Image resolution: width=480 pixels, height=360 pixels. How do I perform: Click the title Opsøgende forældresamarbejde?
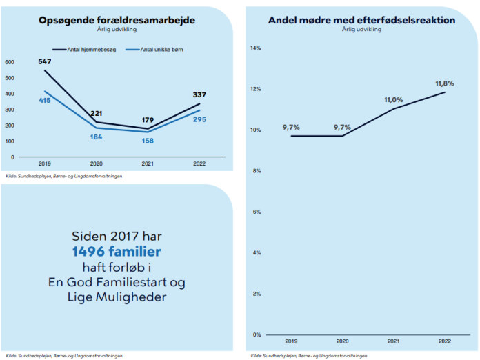click(117, 20)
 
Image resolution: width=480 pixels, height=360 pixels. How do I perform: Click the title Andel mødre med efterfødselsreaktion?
click(361, 20)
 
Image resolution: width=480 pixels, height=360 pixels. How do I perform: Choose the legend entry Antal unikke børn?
click(157, 50)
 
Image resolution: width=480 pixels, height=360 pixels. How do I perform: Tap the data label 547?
click(46, 61)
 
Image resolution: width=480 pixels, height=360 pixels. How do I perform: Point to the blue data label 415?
click(46, 101)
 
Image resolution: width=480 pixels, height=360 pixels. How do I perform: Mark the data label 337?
click(199, 94)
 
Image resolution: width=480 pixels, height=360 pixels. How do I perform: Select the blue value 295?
click(199, 119)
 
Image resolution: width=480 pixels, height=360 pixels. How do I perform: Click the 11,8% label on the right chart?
click(445, 83)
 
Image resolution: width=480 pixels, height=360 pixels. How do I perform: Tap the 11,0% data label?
click(392, 100)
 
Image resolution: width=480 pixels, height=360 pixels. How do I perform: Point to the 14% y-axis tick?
click(255, 48)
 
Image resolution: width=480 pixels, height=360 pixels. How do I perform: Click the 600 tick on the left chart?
click(10, 62)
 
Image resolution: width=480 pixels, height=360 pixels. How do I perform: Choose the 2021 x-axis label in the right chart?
click(394, 341)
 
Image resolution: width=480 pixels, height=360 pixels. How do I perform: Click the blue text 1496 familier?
click(117, 252)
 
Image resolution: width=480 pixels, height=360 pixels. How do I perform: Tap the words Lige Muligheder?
click(117, 297)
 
